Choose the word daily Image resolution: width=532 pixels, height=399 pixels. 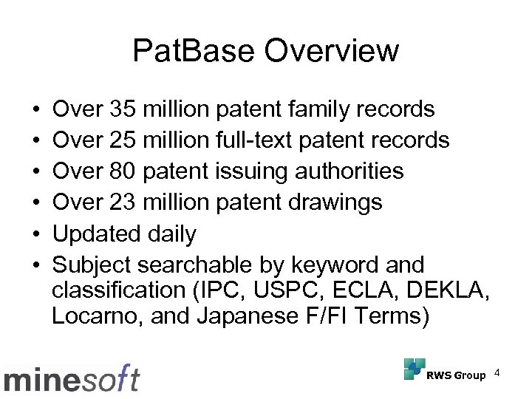168,233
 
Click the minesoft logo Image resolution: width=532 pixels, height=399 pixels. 72,379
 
